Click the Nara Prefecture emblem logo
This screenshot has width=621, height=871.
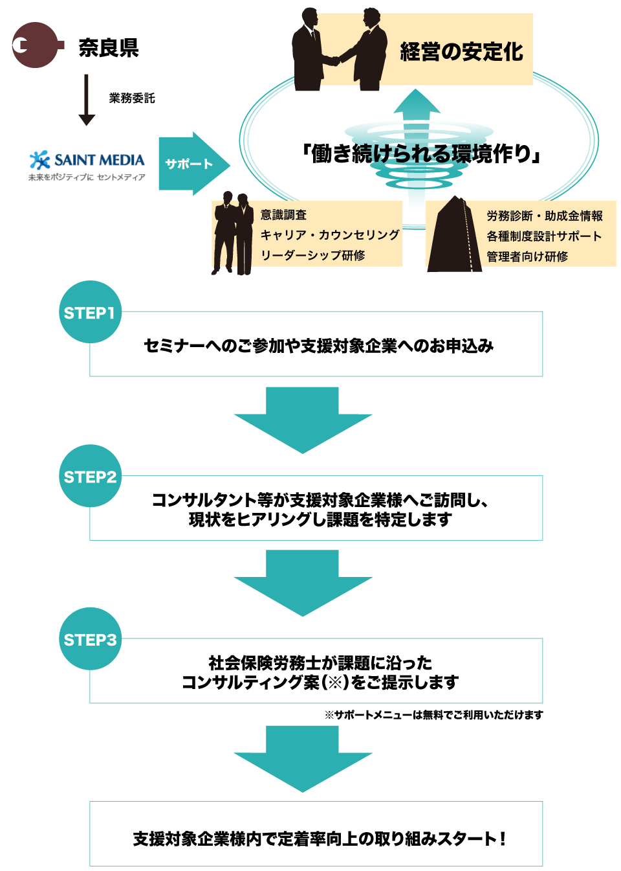point(36,45)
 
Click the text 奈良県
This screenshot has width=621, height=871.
point(109,48)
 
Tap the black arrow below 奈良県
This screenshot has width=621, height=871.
point(87,100)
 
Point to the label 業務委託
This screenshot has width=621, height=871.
point(132,98)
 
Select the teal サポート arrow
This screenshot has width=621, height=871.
point(193,164)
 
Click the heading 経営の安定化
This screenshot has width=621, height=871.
point(461,51)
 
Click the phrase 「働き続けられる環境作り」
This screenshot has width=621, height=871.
point(420,154)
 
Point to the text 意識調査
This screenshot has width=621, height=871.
point(283,215)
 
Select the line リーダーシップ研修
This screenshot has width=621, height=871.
point(313,255)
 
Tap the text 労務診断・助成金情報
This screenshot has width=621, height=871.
point(545,216)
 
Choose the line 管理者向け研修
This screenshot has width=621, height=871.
point(527,256)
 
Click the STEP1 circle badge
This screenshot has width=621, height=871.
point(90,312)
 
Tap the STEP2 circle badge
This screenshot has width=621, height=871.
point(90,476)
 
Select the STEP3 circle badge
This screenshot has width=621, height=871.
point(90,639)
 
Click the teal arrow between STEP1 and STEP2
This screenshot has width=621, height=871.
point(303,418)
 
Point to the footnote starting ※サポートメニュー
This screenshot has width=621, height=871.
point(433,715)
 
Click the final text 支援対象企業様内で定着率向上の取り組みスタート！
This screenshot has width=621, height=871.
point(319,839)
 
